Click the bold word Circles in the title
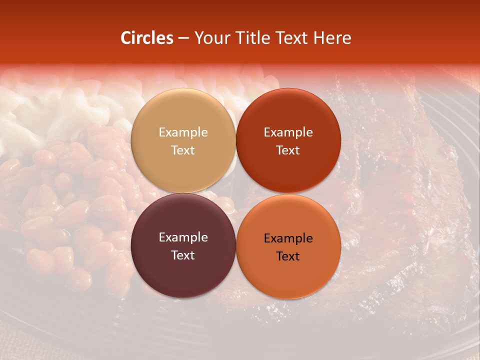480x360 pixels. (147, 38)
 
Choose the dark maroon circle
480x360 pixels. (183, 270)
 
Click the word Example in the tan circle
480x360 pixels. (183, 132)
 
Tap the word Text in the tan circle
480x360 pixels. (183, 150)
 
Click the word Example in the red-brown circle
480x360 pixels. (288, 132)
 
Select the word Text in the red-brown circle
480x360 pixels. (288, 150)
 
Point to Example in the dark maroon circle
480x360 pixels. (183, 237)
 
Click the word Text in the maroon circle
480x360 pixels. (183, 255)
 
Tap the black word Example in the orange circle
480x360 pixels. (288, 238)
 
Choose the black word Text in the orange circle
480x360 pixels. (288, 256)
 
